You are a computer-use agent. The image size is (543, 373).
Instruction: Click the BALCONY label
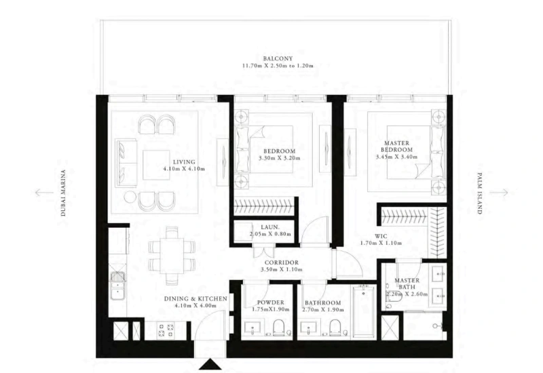point(278,58)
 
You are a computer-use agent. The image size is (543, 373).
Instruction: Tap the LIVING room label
point(184,162)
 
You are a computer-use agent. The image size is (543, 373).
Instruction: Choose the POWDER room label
point(270,302)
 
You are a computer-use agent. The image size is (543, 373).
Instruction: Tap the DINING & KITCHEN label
point(189,298)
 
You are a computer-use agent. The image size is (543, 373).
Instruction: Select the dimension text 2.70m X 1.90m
point(324,310)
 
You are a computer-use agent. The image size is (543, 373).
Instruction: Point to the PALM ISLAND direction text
point(479,193)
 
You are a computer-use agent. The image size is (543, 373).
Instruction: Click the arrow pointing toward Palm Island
point(499,193)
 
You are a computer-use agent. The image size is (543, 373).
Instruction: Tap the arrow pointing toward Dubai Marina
point(42,193)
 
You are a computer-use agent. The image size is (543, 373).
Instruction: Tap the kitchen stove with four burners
point(166,330)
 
